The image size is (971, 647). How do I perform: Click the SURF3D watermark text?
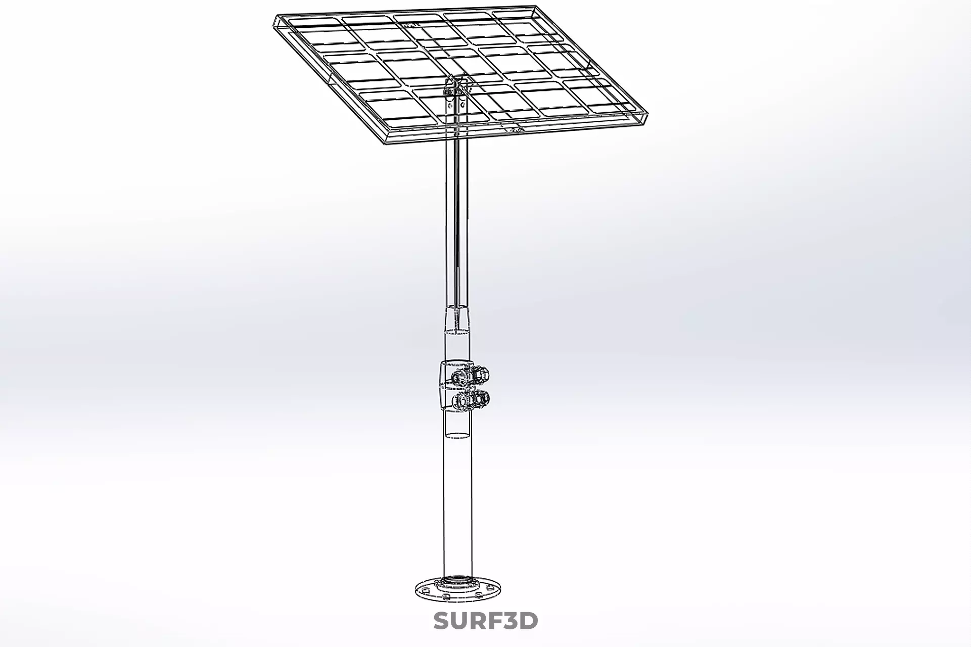pyautogui.click(x=485, y=621)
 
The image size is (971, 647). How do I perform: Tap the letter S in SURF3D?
pyautogui.click(x=442, y=621)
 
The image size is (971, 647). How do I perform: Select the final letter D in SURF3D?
pyautogui.click(x=528, y=621)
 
